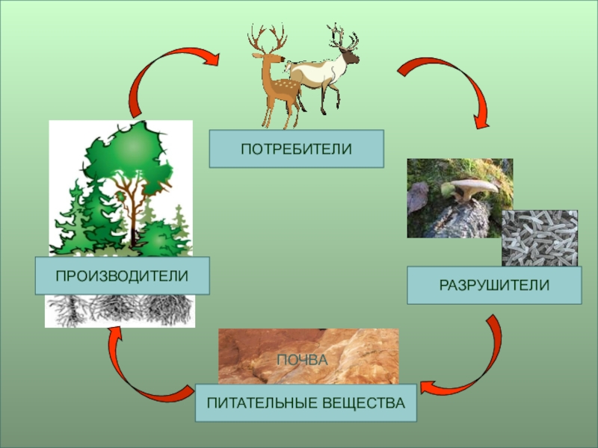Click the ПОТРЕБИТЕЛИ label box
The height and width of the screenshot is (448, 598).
coord(296,148)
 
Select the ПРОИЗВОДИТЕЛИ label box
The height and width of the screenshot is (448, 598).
coord(122,276)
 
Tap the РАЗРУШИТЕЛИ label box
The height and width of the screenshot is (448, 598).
coord(494,285)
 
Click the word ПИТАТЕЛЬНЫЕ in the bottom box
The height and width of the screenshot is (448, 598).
coord(259,403)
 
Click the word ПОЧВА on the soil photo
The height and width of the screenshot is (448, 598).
coord(302,360)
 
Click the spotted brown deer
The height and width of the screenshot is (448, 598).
coord(275,86)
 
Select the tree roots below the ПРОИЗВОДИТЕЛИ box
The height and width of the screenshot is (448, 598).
coord(120,310)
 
